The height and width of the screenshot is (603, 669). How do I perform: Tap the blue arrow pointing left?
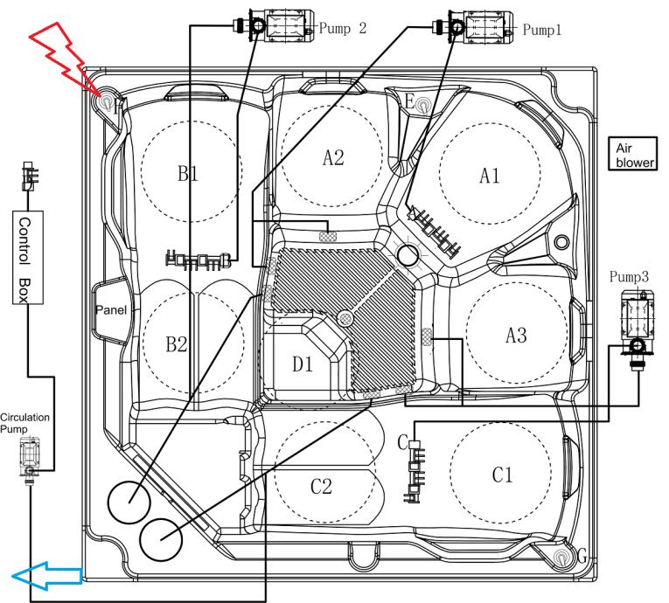tap(46, 576)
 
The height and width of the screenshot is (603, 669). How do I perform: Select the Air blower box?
tap(632, 154)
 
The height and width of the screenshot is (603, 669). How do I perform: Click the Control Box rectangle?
tap(28, 257)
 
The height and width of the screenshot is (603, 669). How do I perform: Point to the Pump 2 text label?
tap(343, 29)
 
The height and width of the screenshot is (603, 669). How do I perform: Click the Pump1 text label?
tap(542, 30)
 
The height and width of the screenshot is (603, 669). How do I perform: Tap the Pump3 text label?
tap(629, 277)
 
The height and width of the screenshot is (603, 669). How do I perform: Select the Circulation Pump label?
tap(24, 423)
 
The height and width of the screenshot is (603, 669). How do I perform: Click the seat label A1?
tap(490, 176)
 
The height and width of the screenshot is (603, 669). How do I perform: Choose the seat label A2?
tap(333, 158)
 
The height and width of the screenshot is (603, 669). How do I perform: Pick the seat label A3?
tap(516, 335)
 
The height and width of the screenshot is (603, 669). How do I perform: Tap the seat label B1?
tap(188, 174)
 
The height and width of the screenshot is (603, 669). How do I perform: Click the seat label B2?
tap(177, 343)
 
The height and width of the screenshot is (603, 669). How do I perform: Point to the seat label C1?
tap(502, 475)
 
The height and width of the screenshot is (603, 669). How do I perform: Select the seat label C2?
tap(321, 486)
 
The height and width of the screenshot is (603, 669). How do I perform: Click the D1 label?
tap(303, 364)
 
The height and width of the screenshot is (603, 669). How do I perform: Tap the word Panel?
tap(111, 309)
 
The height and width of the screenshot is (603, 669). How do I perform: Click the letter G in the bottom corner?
tap(582, 557)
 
